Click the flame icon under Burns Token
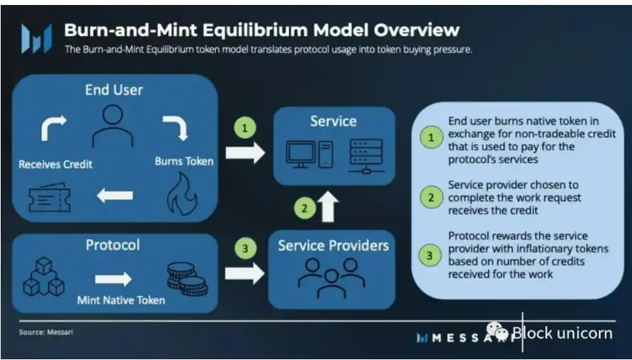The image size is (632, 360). point(182,193)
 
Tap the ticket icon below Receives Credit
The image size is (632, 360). point(50,197)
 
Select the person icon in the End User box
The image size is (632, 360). point(113,125)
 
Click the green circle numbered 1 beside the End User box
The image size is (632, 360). point(244,128)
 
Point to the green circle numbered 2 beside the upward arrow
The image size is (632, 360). point(305,208)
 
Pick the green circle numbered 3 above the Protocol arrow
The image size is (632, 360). point(244,248)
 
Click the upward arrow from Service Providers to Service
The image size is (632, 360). point(329,206)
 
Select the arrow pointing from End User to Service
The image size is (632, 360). point(245,153)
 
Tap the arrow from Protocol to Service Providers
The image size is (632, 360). point(244,274)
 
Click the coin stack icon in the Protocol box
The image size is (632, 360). point(188,279)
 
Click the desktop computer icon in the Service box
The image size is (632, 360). point(310,154)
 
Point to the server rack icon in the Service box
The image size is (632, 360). point(366,157)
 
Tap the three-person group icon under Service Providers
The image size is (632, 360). point(332,277)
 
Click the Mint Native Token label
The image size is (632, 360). point(121,300)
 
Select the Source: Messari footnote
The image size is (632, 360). point(45,332)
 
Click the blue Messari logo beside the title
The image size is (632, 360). point(37,38)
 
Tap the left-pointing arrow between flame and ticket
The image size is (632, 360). point(115,196)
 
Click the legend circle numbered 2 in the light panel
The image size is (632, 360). point(431,197)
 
